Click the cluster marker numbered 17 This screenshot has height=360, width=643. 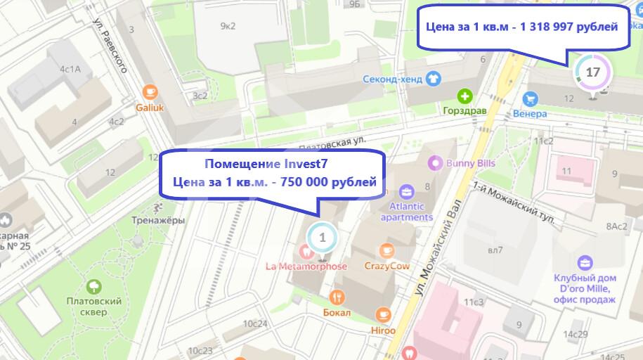pos(592,72)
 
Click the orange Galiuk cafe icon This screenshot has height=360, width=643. pos(149,91)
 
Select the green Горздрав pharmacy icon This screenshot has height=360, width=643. pos(465,96)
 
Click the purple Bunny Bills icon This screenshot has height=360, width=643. pos(435,162)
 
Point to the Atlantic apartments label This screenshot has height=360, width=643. pos(406,212)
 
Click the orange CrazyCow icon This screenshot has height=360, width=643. pos(385,250)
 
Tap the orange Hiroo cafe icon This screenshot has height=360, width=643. pos(382,314)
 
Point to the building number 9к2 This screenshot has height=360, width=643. pos(228,26)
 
